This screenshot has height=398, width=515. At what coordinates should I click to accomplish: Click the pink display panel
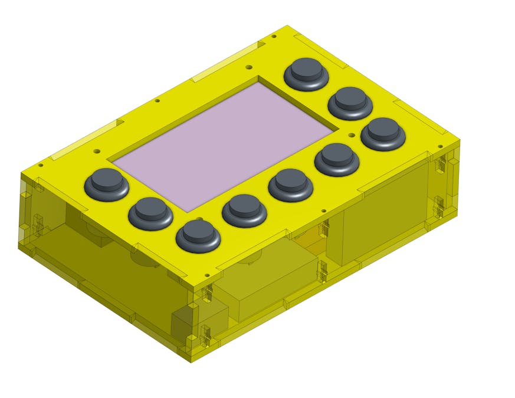click(224, 144)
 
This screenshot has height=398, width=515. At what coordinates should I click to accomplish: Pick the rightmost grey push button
click(383, 131)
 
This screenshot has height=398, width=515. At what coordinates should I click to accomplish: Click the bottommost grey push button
click(198, 233)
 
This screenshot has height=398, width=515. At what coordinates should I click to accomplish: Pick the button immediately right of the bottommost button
click(244, 207)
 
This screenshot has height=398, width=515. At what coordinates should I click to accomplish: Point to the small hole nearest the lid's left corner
click(40, 166)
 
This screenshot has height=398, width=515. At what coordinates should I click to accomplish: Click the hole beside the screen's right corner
click(352, 135)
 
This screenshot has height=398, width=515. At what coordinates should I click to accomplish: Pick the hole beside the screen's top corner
click(248, 67)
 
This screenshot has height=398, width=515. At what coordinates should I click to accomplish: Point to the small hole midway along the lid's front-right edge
click(323, 210)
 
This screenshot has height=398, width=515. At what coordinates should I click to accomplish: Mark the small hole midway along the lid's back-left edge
click(157, 100)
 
